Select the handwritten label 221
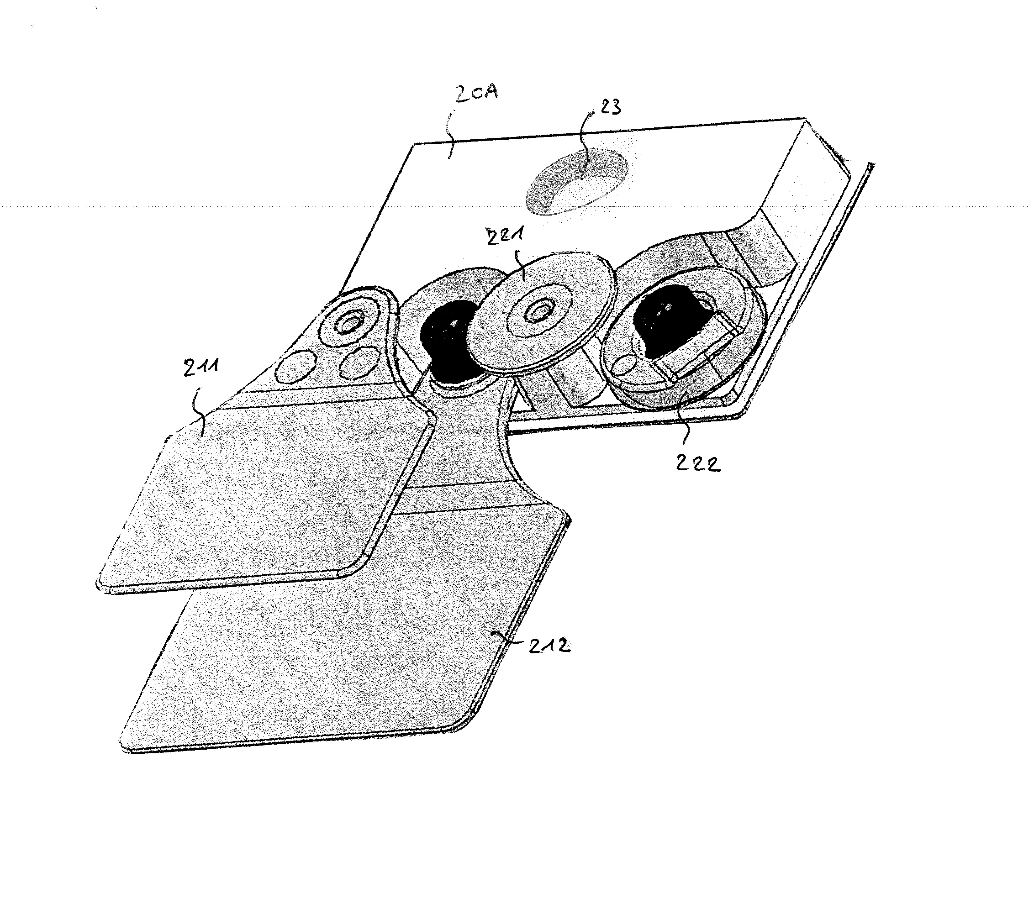click(506, 236)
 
